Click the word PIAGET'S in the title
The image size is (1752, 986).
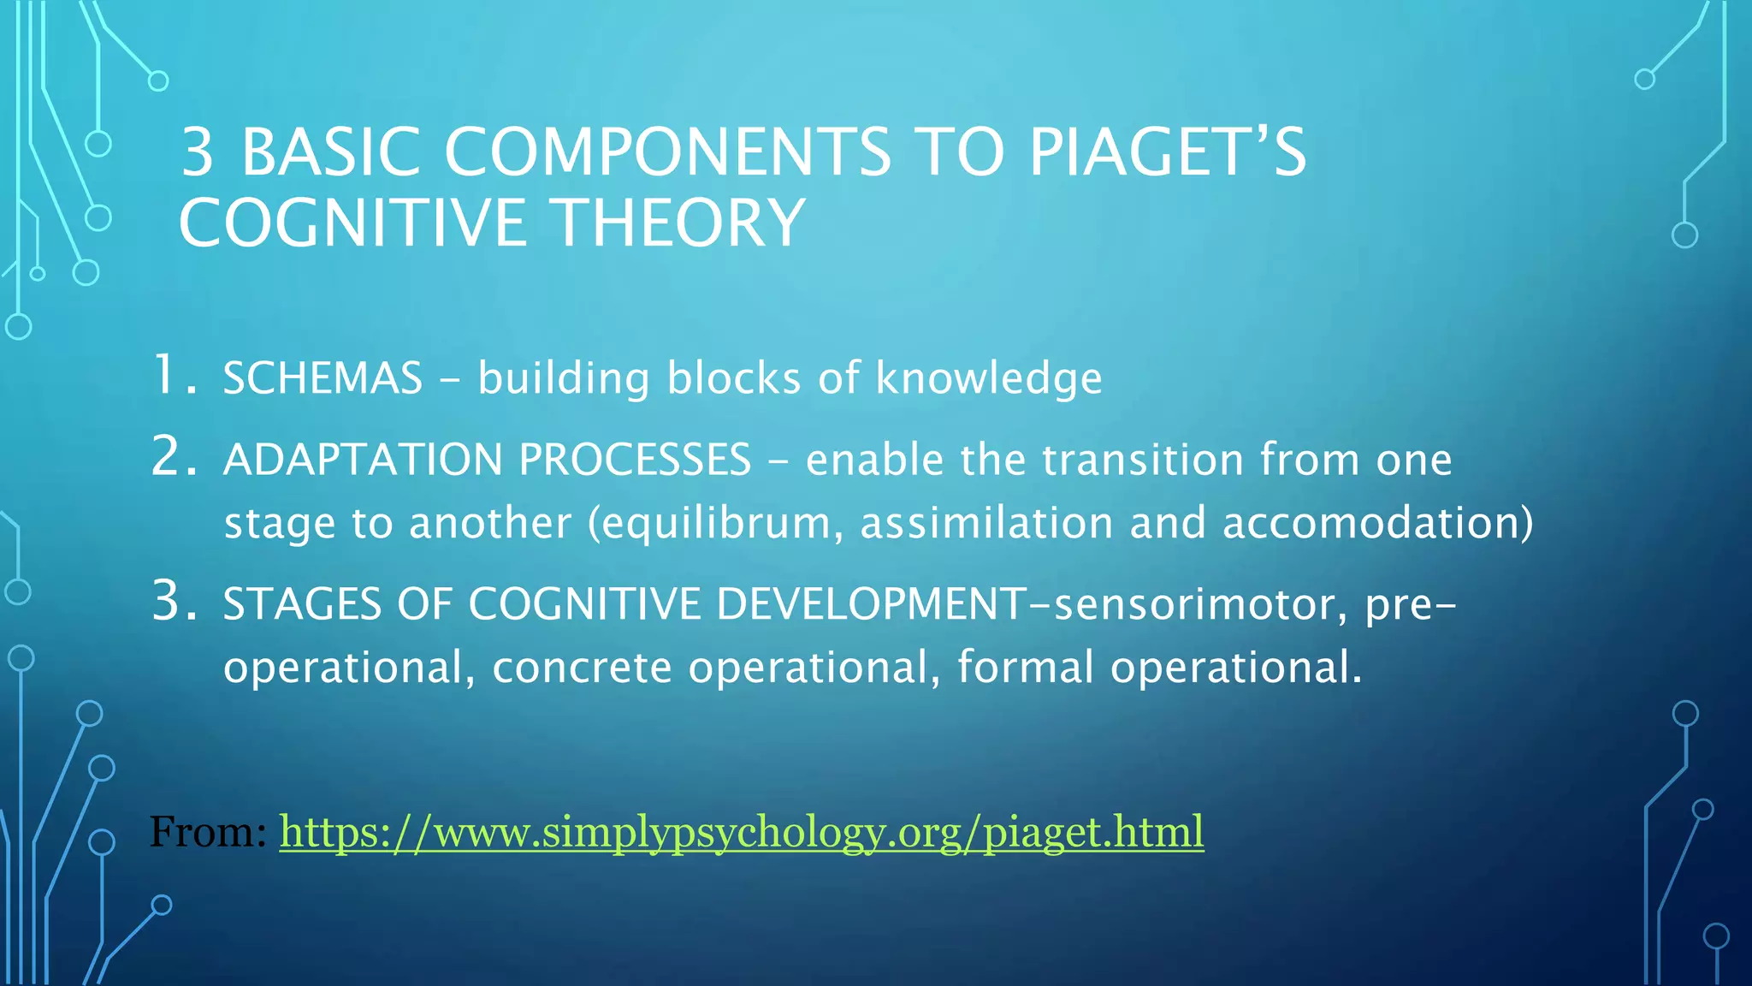click(x=1167, y=152)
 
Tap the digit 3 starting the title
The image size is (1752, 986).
click(x=198, y=152)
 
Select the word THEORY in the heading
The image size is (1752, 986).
click(x=680, y=223)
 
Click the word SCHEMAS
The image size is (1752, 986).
click(x=323, y=378)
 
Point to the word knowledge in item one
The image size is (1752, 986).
click(x=988, y=378)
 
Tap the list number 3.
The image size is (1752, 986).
click(x=174, y=601)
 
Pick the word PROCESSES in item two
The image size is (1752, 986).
click(x=634, y=460)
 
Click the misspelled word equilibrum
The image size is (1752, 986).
click(x=715, y=524)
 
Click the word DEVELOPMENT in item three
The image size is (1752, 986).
click(x=871, y=604)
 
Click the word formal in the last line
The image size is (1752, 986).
click(x=1025, y=666)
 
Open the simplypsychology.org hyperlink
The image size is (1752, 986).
click(x=741, y=832)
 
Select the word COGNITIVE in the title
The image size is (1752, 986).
click(x=351, y=223)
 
